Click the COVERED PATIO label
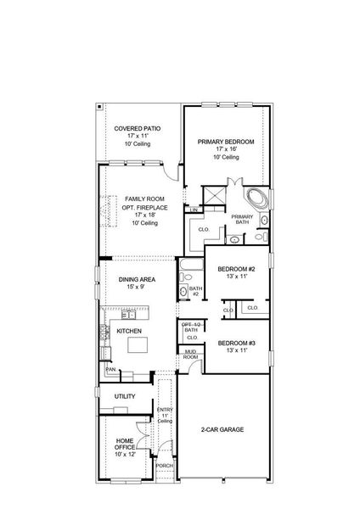tap(137, 127)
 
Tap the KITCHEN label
tap(129, 331)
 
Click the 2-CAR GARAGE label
tap(222, 430)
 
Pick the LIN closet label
tap(194, 209)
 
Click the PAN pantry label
tap(110, 370)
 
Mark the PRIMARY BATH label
tap(242, 219)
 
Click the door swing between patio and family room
tap(172, 171)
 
